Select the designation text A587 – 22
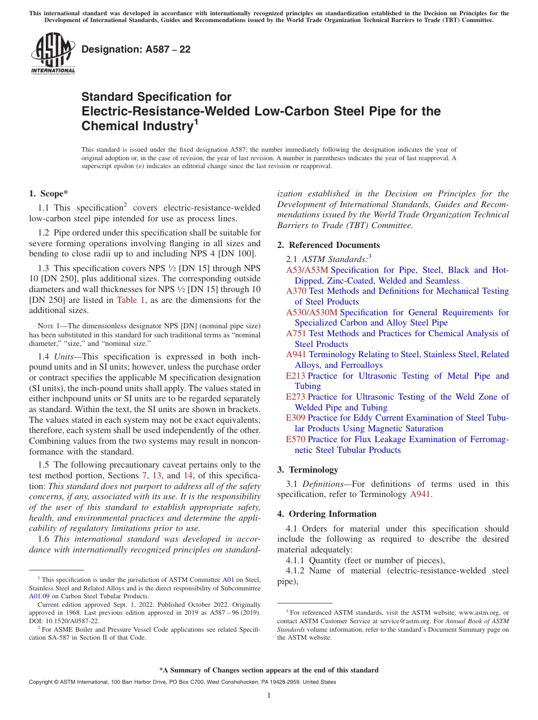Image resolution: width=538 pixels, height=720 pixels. pos(136,49)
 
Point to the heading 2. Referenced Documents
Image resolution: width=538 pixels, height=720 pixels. pos(328,245)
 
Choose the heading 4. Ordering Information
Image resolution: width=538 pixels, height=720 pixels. pos(327,514)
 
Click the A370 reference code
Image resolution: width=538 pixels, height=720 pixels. pos(296,291)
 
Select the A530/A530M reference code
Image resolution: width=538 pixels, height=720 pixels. pos(311,312)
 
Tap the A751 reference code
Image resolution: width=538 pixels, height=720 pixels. pos(296,333)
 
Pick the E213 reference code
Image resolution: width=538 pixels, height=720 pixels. pos(296,376)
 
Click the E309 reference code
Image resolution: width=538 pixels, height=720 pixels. pos(296,418)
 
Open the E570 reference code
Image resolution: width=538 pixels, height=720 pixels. pos(296,439)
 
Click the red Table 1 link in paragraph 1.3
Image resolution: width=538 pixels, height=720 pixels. pos(131,300)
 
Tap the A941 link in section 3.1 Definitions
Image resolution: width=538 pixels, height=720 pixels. pos(420,494)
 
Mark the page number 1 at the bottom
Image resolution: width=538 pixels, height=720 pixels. pos(269,696)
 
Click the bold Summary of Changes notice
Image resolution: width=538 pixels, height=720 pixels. pos(268,670)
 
